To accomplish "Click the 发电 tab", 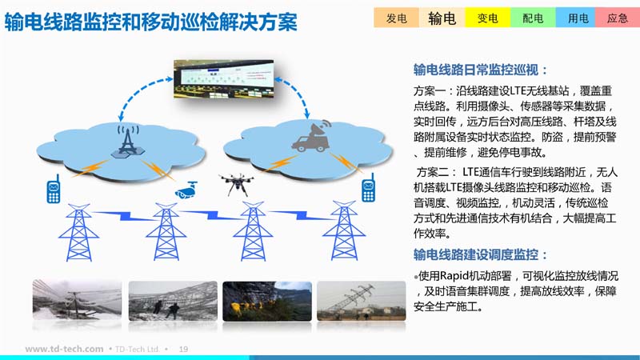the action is click(396, 18).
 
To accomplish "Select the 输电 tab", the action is click(442, 18).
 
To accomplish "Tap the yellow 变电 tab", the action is click(487, 18).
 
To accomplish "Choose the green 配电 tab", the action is click(533, 18).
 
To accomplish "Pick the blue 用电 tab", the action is click(578, 18).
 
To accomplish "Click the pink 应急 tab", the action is click(618, 18).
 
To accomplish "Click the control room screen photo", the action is click(224, 78).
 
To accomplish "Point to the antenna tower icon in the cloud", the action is click(128, 142).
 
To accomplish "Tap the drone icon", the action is click(236, 184).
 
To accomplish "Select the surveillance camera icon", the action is click(186, 190).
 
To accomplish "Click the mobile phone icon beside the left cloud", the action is click(54, 189).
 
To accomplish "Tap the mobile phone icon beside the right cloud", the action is click(368, 188).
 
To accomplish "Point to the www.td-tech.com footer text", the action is click(64, 349).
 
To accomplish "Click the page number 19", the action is click(183, 349).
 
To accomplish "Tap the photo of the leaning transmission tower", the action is click(362, 301).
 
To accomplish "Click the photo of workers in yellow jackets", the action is click(267, 301).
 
